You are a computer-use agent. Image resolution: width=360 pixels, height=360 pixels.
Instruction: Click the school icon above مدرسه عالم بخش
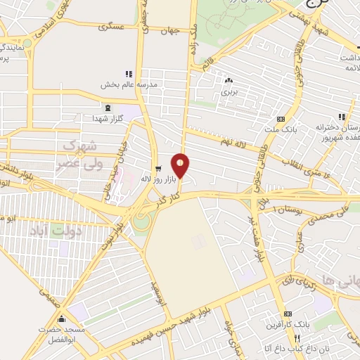(128, 74)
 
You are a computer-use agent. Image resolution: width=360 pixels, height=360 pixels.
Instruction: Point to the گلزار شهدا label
(108, 118)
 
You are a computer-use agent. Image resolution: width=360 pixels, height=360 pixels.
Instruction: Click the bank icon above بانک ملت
(281, 118)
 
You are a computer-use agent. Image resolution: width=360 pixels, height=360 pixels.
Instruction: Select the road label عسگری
(112, 27)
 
